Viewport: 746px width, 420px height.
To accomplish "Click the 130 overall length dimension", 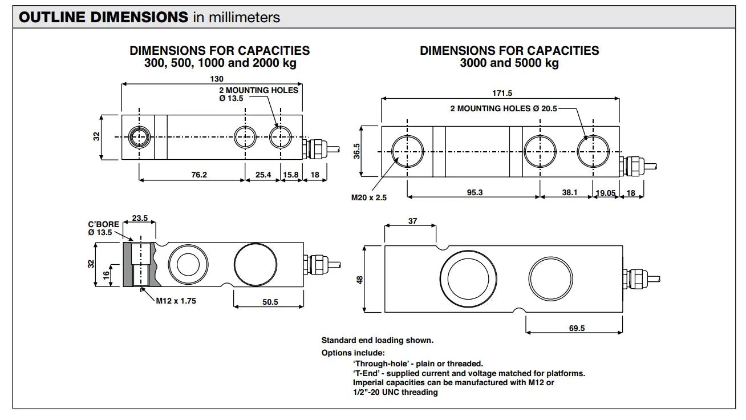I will (x=217, y=79).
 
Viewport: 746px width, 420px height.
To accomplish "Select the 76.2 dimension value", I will (x=198, y=175).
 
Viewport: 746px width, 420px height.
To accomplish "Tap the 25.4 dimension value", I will (x=263, y=175).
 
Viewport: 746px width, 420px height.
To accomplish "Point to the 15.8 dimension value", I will (x=290, y=175).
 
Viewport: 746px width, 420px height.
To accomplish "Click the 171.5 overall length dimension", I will (x=501, y=93).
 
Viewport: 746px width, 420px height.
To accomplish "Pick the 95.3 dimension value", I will (x=475, y=192).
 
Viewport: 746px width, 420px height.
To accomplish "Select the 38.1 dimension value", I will (x=569, y=192).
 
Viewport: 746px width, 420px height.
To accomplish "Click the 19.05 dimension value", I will (x=606, y=193).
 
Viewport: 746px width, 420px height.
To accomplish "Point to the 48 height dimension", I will (x=359, y=280).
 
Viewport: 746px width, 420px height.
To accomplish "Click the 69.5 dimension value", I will (x=577, y=328).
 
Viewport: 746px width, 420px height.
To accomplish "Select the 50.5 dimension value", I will (x=270, y=302).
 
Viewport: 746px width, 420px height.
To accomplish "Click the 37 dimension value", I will (x=412, y=221).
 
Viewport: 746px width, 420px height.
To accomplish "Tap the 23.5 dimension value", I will (x=140, y=217).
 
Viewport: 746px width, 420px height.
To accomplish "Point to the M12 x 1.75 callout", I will (x=176, y=301).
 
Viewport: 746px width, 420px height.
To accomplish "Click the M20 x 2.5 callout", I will (x=368, y=198).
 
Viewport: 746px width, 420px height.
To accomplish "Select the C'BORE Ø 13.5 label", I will (x=103, y=228).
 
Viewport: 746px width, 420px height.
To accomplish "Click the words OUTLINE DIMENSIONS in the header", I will (x=103, y=17).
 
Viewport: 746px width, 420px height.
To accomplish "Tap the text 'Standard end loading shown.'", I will (x=377, y=340).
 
